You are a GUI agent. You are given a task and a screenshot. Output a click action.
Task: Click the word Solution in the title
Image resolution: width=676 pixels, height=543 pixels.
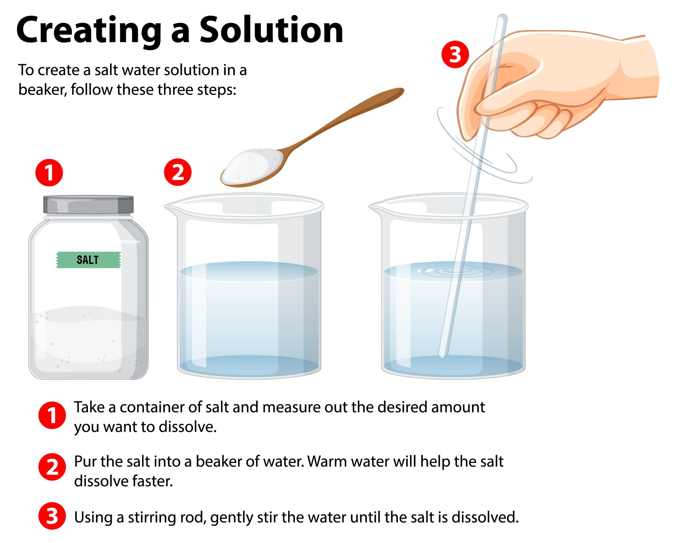coord(271,30)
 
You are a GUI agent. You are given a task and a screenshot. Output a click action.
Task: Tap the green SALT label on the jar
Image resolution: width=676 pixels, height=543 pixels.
coord(88,260)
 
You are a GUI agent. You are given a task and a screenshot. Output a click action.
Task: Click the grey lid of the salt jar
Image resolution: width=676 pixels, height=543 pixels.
coord(88,205)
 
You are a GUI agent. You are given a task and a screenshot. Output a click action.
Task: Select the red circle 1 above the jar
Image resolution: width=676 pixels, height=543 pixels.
coord(49,173)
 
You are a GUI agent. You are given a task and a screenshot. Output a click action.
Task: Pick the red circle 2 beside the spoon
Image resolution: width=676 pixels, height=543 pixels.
coord(178,172)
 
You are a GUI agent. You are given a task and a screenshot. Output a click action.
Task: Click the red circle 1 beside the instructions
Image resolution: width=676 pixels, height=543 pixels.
coord(52,415)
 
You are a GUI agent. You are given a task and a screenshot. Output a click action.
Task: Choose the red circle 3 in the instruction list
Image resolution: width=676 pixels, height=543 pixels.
coord(52,516)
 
